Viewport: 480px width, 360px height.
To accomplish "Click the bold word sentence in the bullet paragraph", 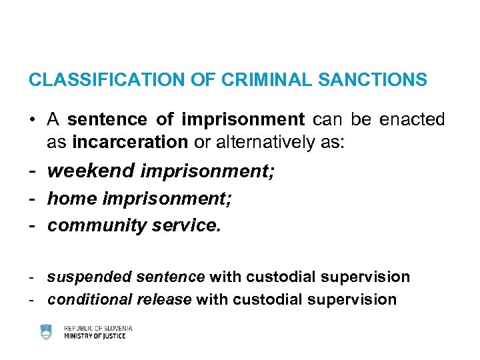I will pos(107,120).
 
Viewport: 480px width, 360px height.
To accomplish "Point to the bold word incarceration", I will pos(130,142).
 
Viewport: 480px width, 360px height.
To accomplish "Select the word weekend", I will pos(91,171).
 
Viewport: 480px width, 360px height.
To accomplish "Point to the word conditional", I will pos(86,299).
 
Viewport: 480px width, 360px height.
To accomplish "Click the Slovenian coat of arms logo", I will pos(46,331).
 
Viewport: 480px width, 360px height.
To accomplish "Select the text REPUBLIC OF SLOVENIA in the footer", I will pos(98,328).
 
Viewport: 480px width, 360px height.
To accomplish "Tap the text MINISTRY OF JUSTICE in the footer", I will pos(95,336).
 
